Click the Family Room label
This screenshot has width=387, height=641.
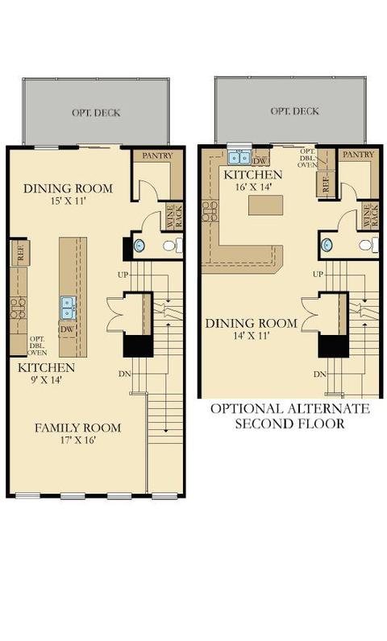[x=77, y=428]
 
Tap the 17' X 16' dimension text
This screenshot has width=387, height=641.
[x=77, y=440]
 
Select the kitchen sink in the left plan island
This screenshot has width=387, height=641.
[x=68, y=308]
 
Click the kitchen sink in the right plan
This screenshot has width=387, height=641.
[x=239, y=157]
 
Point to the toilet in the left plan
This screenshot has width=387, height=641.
[x=173, y=246]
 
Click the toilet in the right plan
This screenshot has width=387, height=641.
[x=368, y=245]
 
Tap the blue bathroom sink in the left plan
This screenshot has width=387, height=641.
[x=139, y=246]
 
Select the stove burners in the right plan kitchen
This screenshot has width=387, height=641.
[x=210, y=211]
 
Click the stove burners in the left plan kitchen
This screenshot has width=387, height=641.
[x=19, y=308]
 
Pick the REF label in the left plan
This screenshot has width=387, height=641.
[x=20, y=254]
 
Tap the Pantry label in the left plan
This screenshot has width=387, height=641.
[x=157, y=155]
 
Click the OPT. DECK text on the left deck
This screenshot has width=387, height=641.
[x=96, y=113]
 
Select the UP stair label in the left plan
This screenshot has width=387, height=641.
[x=123, y=275]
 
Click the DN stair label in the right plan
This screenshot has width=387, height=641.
[x=320, y=374]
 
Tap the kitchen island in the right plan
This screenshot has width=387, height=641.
[x=266, y=205]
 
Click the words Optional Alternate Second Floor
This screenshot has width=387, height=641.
[x=290, y=416]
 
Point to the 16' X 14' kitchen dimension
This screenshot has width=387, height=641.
[x=253, y=187]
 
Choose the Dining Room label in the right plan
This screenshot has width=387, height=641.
[x=252, y=324]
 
